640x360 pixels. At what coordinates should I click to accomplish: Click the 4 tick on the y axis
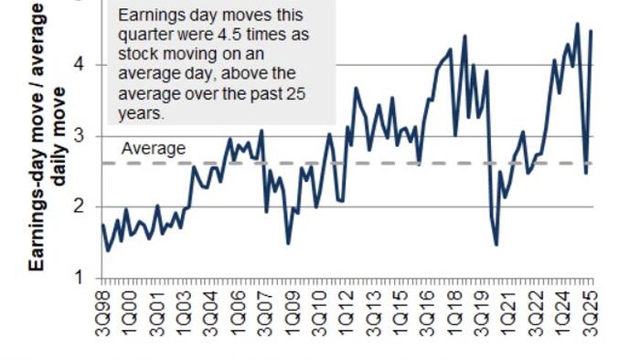pos(80,65)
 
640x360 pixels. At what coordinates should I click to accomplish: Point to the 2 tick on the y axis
pos(80,206)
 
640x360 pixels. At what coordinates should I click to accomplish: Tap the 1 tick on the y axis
pos(80,277)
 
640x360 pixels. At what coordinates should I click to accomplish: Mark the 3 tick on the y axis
pos(80,136)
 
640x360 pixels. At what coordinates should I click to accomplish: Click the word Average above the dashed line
pos(154,149)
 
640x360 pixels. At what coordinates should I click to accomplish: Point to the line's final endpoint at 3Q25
pos(592,31)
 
